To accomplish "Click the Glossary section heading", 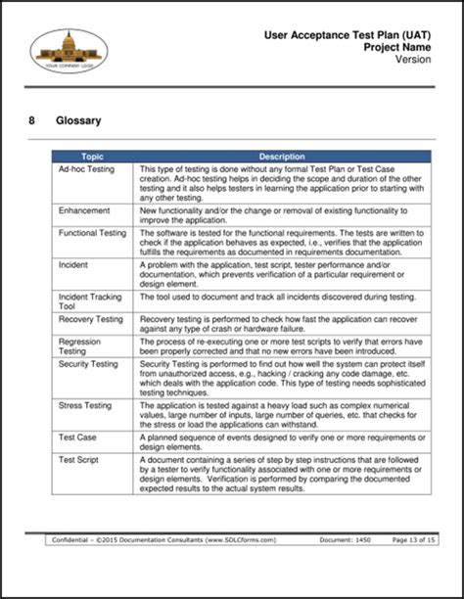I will tap(82, 121).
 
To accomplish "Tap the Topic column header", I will tap(93, 156).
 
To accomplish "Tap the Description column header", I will tap(282, 156).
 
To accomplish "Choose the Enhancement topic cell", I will tap(84, 210).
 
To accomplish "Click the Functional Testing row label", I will tap(92, 233).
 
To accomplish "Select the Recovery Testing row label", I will tap(90, 319).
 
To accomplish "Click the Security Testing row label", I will tap(88, 362).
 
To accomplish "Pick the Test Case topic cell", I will tap(77, 437).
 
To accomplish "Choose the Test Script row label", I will tap(79, 459).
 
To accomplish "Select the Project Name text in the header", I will tap(398, 47).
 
